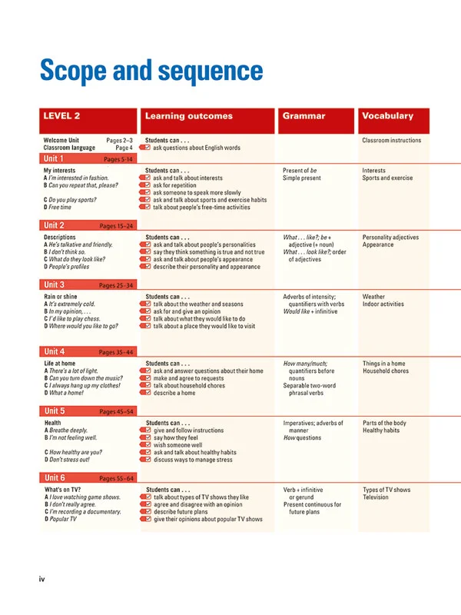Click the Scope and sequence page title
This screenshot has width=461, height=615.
pyautogui.click(x=151, y=71)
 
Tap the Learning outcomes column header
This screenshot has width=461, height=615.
pyautogui.click(x=188, y=117)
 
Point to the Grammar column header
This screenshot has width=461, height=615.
pyautogui.click(x=303, y=117)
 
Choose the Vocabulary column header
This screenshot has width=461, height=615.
pyautogui.click(x=387, y=117)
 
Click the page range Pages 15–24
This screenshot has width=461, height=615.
pyautogui.click(x=117, y=226)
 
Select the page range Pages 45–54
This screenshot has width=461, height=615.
pyautogui.click(x=117, y=412)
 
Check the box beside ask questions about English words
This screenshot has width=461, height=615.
pyautogui.click(x=145, y=148)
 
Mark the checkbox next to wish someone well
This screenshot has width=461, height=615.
pyautogui.click(x=145, y=445)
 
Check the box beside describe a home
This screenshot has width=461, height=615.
pyautogui.click(x=145, y=393)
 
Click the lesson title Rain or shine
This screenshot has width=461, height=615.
pyautogui.click(x=61, y=297)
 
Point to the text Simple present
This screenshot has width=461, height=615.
pyautogui.click(x=302, y=178)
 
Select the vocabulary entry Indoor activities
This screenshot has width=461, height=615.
pyautogui.click(x=393, y=304)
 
